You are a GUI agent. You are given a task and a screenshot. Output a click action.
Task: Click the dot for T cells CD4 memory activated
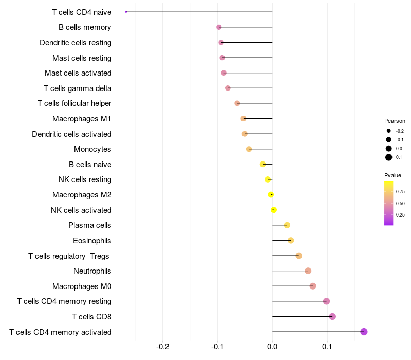pyautogui.click(x=364, y=332)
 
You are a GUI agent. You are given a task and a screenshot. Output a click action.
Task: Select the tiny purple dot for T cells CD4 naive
pyautogui.click(x=126, y=12)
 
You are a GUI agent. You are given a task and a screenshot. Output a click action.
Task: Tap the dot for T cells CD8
pyautogui.click(x=332, y=316)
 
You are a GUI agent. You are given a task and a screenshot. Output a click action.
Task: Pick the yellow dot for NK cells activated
pyautogui.click(x=274, y=210)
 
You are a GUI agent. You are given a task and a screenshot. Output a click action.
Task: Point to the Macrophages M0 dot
pyautogui.click(x=313, y=286)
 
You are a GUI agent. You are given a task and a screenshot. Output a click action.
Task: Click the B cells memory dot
pyautogui.click(x=219, y=27)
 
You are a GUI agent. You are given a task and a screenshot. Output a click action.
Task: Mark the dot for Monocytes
pyautogui.click(x=249, y=149)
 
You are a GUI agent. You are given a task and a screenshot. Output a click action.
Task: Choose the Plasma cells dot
pyautogui.click(x=287, y=225)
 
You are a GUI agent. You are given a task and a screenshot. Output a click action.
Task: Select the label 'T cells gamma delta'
pyautogui.click(x=78, y=88)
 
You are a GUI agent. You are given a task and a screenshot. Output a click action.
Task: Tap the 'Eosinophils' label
pyautogui.click(x=92, y=240)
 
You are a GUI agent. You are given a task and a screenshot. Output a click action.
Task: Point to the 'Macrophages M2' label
pyautogui.click(x=82, y=195)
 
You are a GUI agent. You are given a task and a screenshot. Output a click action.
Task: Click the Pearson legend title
pyautogui.click(x=395, y=121)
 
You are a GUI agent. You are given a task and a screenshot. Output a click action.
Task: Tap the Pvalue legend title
pyautogui.click(x=393, y=175)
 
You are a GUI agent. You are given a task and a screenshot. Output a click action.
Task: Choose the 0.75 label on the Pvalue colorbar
pyautogui.click(x=400, y=192)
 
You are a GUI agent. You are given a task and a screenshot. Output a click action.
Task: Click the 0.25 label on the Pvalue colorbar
pyautogui.click(x=400, y=215)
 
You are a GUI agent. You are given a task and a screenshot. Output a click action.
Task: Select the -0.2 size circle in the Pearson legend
pyautogui.click(x=389, y=131)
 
